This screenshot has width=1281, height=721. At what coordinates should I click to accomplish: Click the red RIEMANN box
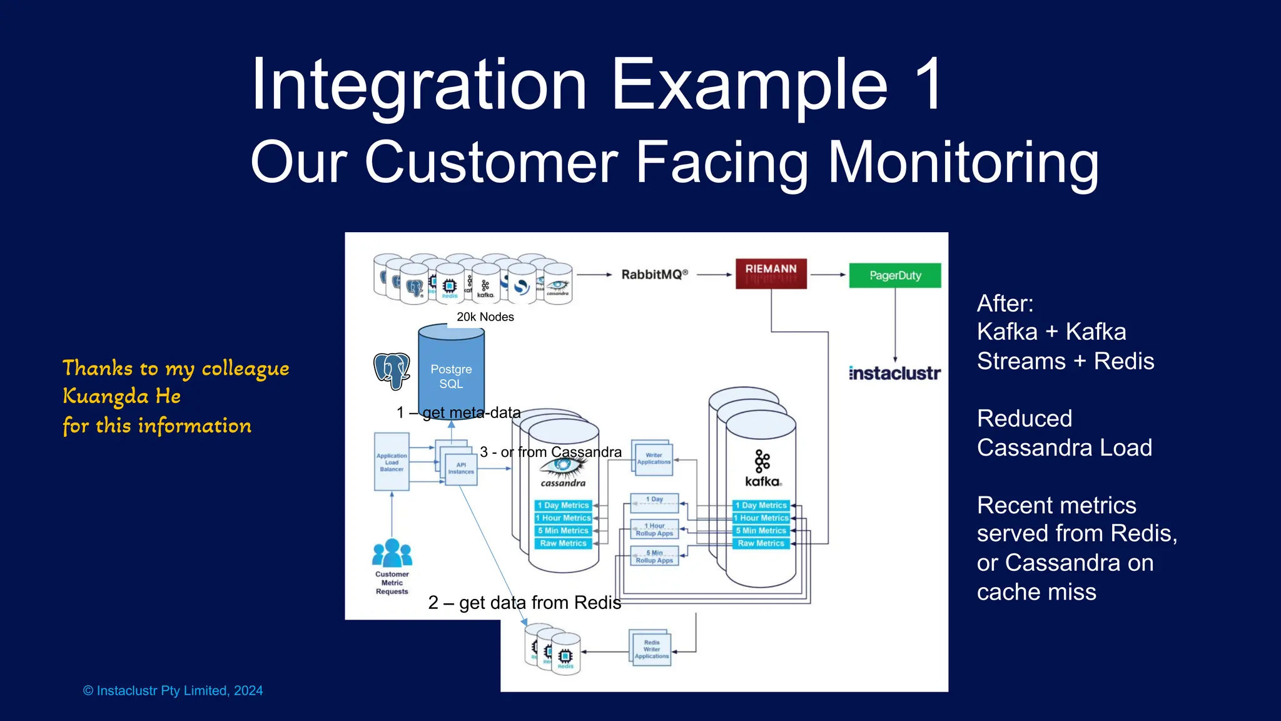[771, 274]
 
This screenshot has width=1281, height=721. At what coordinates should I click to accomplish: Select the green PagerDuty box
[894, 275]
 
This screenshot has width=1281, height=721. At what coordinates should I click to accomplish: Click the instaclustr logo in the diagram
[894, 374]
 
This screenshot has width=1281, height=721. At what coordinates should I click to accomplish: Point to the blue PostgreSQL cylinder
[451, 369]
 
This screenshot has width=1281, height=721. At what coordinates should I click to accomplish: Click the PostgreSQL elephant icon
[392, 371]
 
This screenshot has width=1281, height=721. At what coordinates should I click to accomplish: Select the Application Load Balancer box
[392, 462]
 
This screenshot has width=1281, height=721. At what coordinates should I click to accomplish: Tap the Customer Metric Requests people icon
[392, 553]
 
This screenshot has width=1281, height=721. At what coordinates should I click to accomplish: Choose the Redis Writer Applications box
[651, 650]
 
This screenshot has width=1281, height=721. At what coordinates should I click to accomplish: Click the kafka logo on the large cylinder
[762, 469]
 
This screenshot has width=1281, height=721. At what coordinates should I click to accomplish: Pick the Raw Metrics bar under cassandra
[563, 543]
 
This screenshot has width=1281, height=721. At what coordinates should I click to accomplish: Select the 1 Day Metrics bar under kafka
[761, 505]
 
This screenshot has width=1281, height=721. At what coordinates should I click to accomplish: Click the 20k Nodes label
[485, 317]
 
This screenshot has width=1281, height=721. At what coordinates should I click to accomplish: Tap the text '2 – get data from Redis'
[524, 602]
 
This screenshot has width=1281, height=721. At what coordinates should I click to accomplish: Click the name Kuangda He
[122, 396]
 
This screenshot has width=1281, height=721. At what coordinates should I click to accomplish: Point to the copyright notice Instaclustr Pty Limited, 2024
[173, 690]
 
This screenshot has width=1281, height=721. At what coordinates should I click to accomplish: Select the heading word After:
[1005, 304]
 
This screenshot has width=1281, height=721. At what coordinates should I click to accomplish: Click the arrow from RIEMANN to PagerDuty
[828, 274]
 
